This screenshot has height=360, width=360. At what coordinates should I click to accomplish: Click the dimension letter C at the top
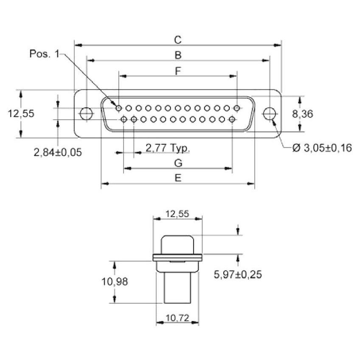(x=178, y=40)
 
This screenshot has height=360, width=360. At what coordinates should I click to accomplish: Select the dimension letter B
(x=178, y=55)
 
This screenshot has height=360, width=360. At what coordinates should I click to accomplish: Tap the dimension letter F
(x=178, y=71)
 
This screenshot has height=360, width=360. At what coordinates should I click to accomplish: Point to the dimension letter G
(x=178, y=163)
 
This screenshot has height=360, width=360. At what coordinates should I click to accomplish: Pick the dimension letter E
(x=178, y=178)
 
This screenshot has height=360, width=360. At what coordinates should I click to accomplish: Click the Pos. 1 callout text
(x=45, y=54)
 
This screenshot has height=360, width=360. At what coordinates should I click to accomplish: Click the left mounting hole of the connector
(x=86, y=113)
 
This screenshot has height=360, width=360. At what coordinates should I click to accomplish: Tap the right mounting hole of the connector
(x=269, y=113)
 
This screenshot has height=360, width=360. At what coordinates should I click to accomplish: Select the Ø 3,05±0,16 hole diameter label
(x=322, y=148)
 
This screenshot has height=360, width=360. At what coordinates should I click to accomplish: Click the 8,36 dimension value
(x=302, y=114)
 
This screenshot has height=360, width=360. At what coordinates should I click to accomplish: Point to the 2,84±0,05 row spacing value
(x=58, y=152)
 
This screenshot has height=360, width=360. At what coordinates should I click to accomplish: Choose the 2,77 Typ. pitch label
(x=168, y=148)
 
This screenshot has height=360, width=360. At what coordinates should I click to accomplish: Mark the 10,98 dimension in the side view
(x=115, y=281)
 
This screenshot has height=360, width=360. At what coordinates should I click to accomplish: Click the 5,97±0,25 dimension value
(x=238, y=274)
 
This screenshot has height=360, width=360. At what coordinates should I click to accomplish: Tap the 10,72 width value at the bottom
(x=177, y=318)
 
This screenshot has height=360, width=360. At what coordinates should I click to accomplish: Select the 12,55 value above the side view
(x=177, y=214)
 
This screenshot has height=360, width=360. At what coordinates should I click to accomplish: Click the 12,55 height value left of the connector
(x=21, y=113)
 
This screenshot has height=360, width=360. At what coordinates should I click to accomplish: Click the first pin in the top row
(x=119, y=108)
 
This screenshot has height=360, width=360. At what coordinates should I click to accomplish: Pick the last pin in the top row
(x=237, y=108)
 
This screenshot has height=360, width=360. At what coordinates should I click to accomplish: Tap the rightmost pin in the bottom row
(x=232, y=119)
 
